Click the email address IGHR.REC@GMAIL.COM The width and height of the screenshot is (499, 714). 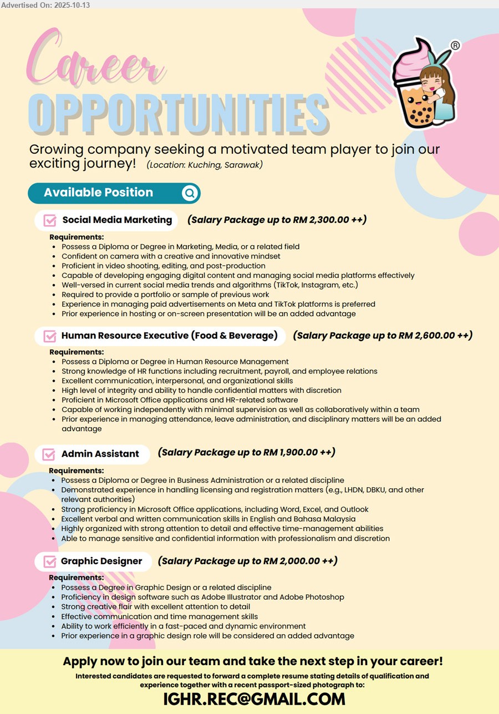(254, 700)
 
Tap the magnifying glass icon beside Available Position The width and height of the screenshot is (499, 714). (190, 193)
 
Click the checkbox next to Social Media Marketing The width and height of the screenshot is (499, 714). (50, 220)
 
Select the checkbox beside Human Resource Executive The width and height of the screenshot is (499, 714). (50, 336)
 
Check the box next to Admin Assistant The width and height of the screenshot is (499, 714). (49, 454)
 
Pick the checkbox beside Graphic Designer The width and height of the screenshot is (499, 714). (49, 561)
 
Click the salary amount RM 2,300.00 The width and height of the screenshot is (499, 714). (321, 220)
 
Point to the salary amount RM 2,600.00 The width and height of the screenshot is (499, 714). (426, 335)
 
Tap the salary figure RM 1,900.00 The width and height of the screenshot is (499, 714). (290, 453)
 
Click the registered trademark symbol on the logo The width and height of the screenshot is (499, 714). (455, 45)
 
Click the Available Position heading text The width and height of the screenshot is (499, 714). (98, 193)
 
